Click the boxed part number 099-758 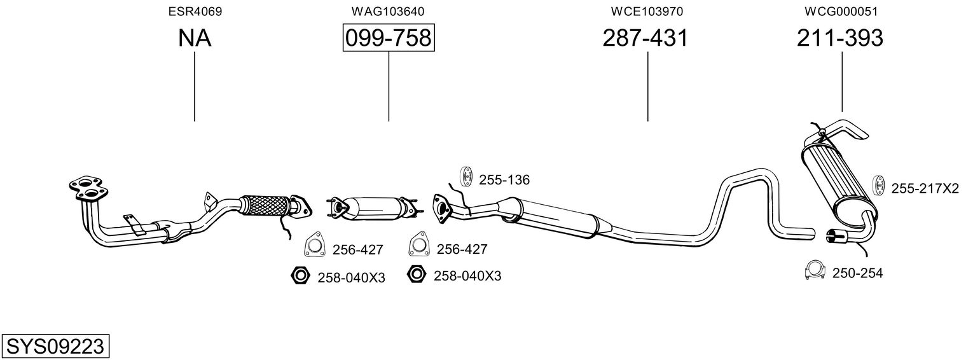[x=389, y=38]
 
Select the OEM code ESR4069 [x=195, y=11]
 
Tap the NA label [x=195, y=38]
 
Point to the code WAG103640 [x=388, y=11]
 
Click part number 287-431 [x=645, y=38]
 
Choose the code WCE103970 [x=647, y=11]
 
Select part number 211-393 [x=840, y=38]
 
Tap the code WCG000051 [x=841, y=11]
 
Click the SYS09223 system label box [x=55, y=346]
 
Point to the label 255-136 [x=504, y=180]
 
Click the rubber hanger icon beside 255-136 [x=466, y=176]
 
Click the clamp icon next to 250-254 [x=815, y=271]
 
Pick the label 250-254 [x=857, y=273]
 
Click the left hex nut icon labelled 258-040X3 [x=300, y=275]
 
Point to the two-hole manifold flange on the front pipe [x=88, y=190]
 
